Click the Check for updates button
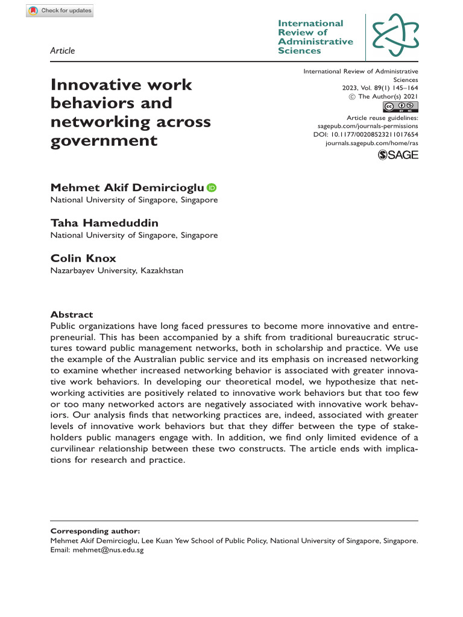(x=60, y=10)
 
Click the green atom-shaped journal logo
(x=395, y=34)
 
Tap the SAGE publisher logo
(x=398, y=156)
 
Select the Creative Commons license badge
(x=401, y=107)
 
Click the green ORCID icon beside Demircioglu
(x=212, y=188)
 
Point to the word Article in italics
(x=63, y=51)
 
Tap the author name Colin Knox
(x=83, y=258)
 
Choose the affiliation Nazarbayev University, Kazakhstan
(x=116, y=271)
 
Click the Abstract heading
(x=72, y=315)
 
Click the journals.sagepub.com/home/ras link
(x=371, y=145)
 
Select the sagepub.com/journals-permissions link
(x=367, y=127)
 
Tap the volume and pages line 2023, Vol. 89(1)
(x=380, y=87)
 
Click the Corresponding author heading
(x=95, y=531)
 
